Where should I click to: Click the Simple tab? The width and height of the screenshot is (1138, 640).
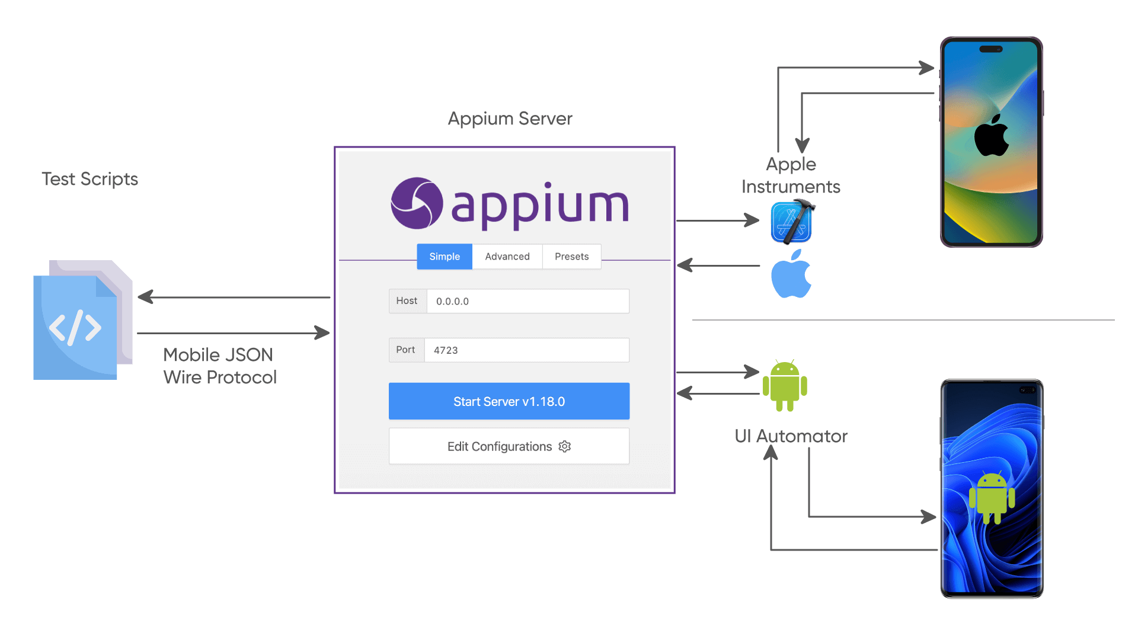pyautogui.click(x=445, y=257)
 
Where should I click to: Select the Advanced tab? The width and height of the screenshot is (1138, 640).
pyautogui.click(x=507, y=257)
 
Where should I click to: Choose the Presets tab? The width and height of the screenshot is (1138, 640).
pyautogui.click(x=571, y=257)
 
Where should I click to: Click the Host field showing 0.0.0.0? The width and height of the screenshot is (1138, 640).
pyautogui.click(x=528, y=301)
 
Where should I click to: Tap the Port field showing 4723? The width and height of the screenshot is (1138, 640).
pyautogui.click(x=526, y=350)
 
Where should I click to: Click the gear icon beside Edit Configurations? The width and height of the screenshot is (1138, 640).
pyautogui.click(x=565, y=446)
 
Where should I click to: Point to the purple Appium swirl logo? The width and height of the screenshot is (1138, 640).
pyautogui.click(x=417, y=203)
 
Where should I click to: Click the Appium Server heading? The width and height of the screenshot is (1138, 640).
pyautogui.click(x=510, y=119)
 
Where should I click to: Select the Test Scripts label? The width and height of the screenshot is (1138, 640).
pyautogui.click(x=89, y=179)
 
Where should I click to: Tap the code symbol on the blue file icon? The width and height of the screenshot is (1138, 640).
pyautogui.click(x=75, y=328)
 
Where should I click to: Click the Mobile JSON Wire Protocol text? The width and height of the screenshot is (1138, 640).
pyautogui.click(x=219, y=366)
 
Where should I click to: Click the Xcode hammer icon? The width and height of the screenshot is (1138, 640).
pyautogui.click(x=792, y=222)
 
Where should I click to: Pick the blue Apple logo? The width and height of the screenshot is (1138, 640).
pyautogui.click(x=791, y=274)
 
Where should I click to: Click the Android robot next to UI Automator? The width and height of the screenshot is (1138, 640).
pyautogui.click(x=785, y=385)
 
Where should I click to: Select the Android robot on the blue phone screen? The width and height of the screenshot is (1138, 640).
pyautogui.click(x=992, y=498)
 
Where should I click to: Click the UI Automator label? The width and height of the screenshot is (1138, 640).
pyautogui.click(x=791, y=436)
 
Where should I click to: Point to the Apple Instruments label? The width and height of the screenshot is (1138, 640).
pyautogui.click(x=791, y=175)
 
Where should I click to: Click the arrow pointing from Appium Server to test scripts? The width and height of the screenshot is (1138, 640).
pyautogui.click(x=234, y=297)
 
